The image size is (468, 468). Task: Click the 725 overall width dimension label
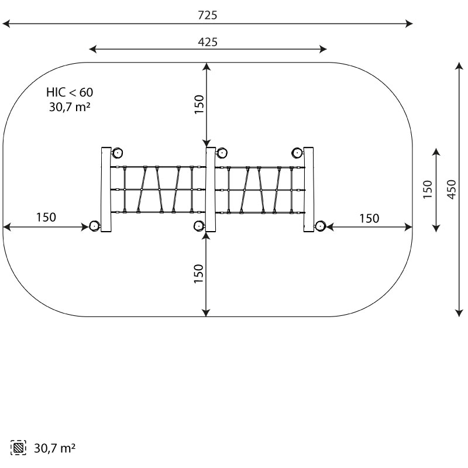[x=208, y=15]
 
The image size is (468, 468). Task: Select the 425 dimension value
[x=208, y=42]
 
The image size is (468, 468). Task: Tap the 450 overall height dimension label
[x=452, y=189]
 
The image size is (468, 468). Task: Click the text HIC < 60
[x=70, y=92]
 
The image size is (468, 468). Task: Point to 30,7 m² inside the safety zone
[x=70, y=106]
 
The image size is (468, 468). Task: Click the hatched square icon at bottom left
[x=18, y=448]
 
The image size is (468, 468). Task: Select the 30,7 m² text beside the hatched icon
[x=54, y=448]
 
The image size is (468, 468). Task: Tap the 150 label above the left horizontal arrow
[x=46, y=217]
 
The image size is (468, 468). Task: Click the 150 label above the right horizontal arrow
[x=369, y=218]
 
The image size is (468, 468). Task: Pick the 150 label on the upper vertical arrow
[x=199, y=104]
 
